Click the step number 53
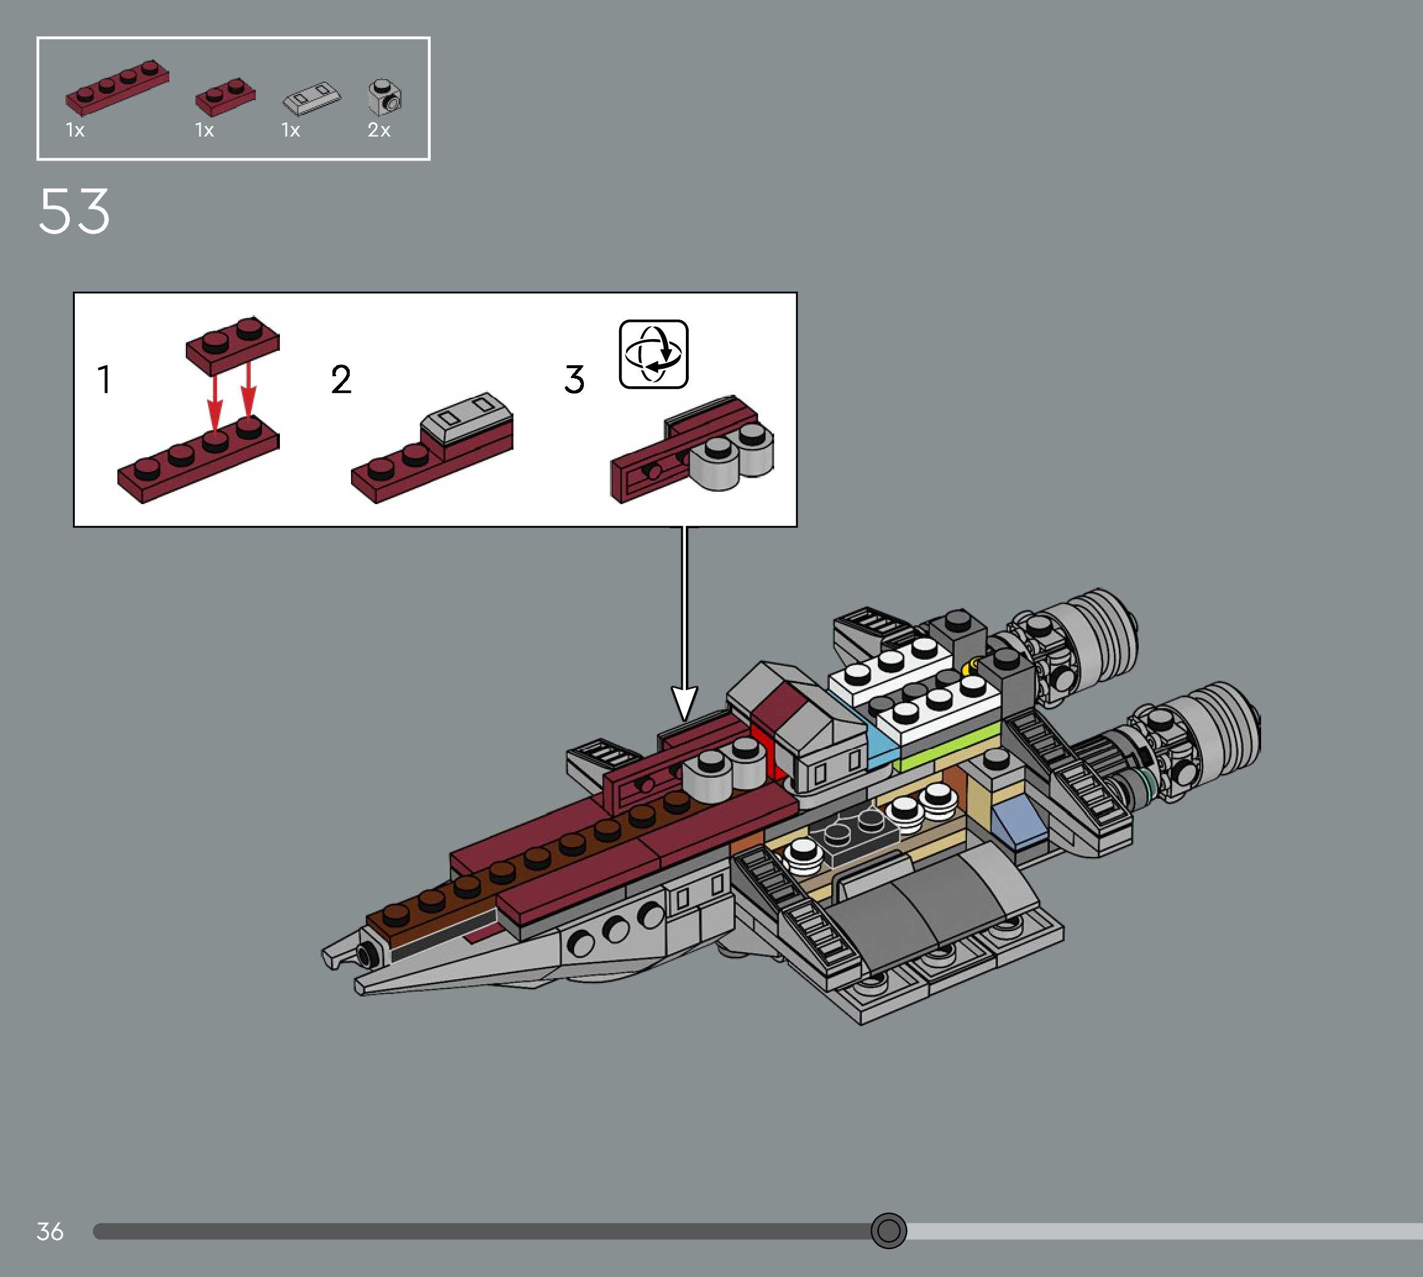click(74, 211)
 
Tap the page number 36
click(50, 1231)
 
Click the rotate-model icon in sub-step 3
click(653, 355)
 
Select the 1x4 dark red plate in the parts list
click(117, 86)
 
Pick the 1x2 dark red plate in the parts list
click(226, 97)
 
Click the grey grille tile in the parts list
click(311, 99)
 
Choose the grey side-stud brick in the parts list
click(384, 97)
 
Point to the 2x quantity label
click(379, 130)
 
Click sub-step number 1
click(104, 379)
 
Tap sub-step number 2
click(341, 379)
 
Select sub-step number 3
click(574, 379)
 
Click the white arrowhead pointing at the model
click(684, 702)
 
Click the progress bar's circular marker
click(889, 1231)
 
